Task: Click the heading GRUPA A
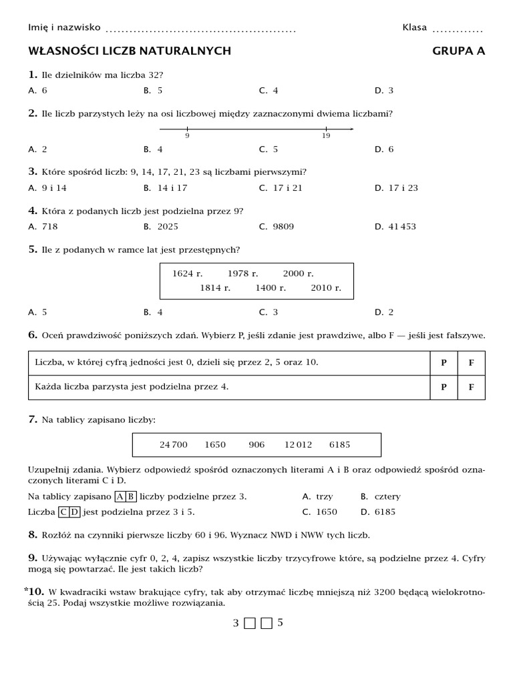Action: pos(458,51)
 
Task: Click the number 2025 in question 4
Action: pos(168,226)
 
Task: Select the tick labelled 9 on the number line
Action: pos(187,129)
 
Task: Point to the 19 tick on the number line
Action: pos(326,129)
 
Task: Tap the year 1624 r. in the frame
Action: pos(187,273)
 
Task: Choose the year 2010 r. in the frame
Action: pos(326,288)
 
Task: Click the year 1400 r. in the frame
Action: pos(271,288)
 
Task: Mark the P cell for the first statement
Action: pos(444,363)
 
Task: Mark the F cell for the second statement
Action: pos(471,387)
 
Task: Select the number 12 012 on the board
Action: pos(298,444)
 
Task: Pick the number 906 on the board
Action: pos(256,444)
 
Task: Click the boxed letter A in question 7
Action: pos(120,496)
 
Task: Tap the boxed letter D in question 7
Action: pos(75,512)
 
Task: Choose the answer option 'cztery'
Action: pos(387,496)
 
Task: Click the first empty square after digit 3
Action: pos(250,624)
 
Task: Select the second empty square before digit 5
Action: pos(267,624)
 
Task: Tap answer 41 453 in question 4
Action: pos(401,226)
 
